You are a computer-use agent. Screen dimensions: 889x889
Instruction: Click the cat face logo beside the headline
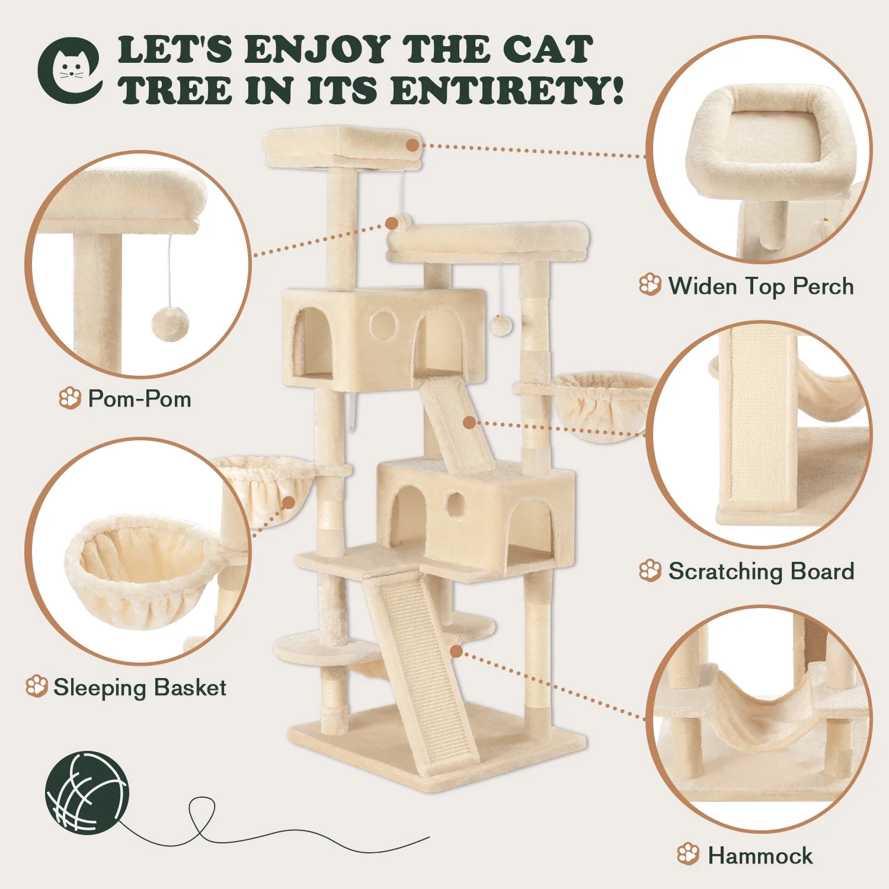click(70, 70)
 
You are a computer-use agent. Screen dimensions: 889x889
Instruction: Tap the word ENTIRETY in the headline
click(507, 91)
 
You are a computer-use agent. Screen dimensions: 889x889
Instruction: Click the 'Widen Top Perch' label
click(761, 286)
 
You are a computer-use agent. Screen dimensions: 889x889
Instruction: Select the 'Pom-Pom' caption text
click(140, 399)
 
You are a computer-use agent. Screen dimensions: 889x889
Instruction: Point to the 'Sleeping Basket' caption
click(140, 687)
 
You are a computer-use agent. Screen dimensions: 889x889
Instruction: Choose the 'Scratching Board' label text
click(762, 571)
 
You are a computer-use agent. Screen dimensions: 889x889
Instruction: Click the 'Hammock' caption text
click(760, 856)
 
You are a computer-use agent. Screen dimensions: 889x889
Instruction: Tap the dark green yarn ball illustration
click(87, 793)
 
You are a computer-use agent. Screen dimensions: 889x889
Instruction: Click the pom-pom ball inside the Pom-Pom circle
click(170, 324)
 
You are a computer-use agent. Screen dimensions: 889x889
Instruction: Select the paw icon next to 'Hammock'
click(688, 854)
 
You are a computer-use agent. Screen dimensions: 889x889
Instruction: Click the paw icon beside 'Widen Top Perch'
click(650, 284)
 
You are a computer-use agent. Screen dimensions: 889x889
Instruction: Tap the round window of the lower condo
click(455, 504)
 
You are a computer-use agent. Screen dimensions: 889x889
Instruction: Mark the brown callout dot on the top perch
click(413, 145)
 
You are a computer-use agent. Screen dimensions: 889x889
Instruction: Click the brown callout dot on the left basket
click(289, 503)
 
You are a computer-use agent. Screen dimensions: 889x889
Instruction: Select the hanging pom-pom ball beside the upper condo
click(501, 325)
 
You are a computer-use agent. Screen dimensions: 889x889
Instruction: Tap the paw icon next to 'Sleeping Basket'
click(37, 687)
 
